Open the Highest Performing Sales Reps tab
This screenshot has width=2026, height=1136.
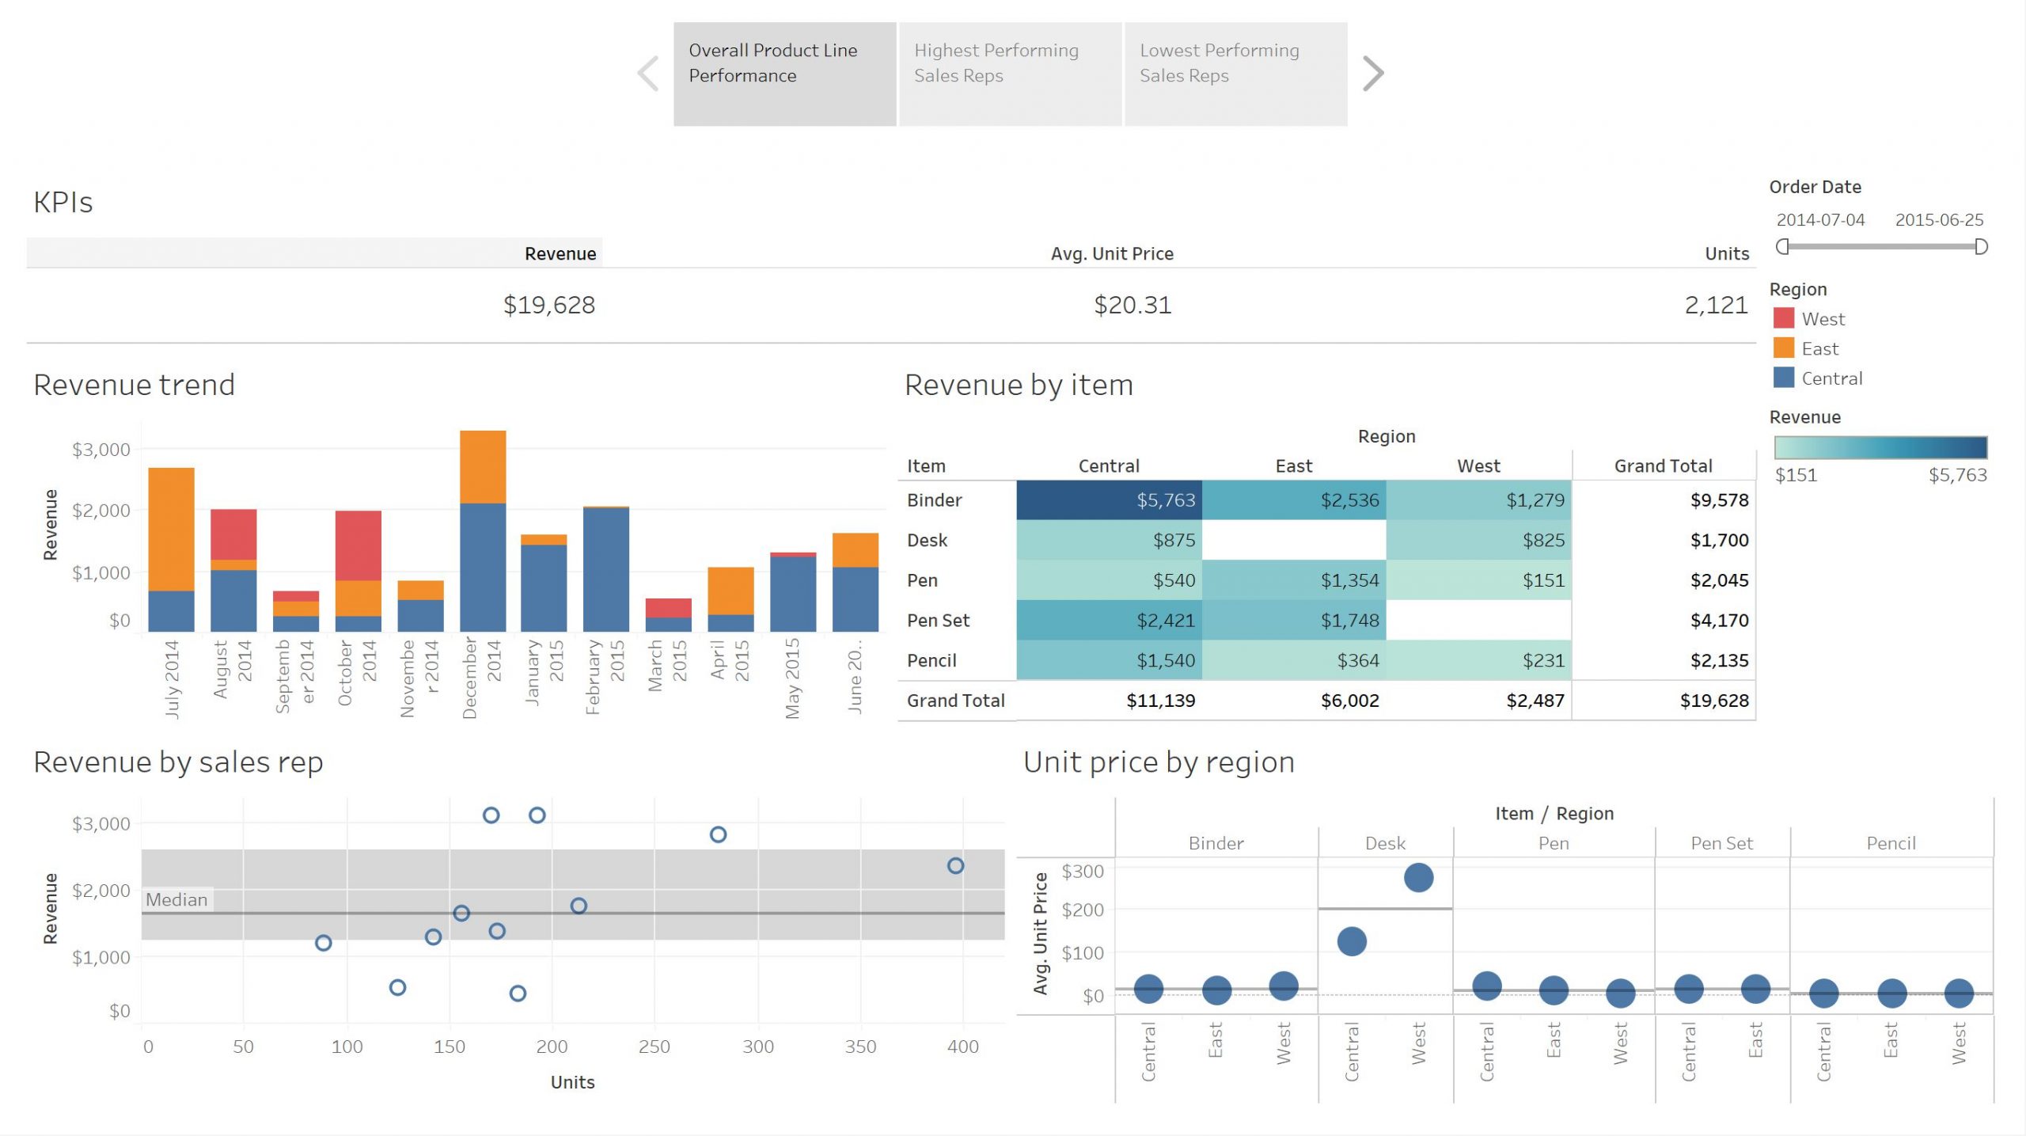coord(1010,74)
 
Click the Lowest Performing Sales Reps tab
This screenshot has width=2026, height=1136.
coord(1235,74)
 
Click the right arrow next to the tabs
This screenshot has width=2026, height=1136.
coord(1373,74)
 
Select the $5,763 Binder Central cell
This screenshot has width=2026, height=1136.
coord(1109,500)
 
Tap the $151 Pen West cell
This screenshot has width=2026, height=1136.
coord(1478,580)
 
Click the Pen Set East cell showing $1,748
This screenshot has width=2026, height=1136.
coord(1294,621)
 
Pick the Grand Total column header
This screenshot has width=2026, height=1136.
coord(1663,466)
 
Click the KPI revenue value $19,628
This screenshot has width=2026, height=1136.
coord(549,305)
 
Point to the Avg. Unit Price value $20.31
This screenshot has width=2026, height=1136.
coord(1133,305)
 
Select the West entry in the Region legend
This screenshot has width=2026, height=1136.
coord(1823,319)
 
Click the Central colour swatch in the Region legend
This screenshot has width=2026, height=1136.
coord(1784,378)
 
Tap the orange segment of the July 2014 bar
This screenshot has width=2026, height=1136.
coord(171,529)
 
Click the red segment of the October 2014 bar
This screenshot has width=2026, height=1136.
coord(358,545)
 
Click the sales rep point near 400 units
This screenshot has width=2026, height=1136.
coord(955,866)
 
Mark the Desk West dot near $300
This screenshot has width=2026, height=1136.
coord(1418,877)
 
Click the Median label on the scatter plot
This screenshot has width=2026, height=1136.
coord(176,900)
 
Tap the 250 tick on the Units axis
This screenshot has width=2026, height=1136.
coord(654,1047)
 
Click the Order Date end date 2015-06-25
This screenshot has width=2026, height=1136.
coord(1939,220)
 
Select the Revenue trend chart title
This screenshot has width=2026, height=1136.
coord(135,386)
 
